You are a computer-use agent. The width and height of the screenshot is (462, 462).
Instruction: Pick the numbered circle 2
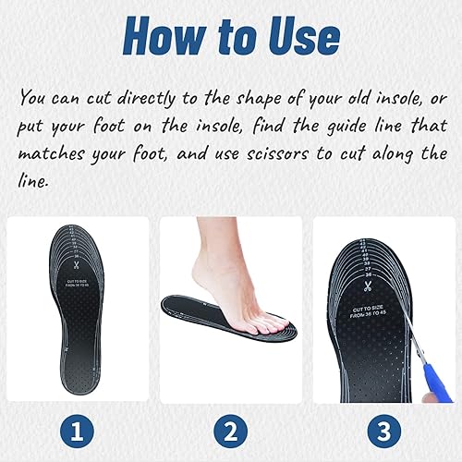click(231, 432)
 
